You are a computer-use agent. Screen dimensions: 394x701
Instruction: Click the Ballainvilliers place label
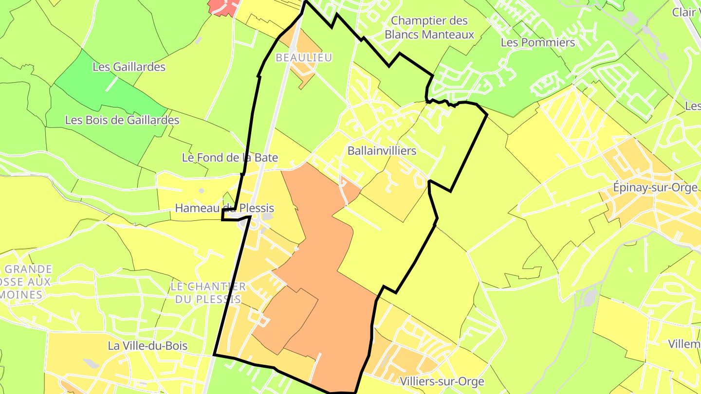tap(382, 151)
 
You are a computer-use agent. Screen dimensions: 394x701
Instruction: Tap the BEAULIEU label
tap(304, 57)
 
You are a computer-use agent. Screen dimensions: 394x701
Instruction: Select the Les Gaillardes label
tap(129, 67)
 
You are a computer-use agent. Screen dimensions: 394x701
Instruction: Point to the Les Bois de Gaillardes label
tap(122, 120)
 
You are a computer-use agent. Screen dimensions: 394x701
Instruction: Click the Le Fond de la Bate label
tap(230, 158)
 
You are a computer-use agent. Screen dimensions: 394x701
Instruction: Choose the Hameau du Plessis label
tap(224, 208)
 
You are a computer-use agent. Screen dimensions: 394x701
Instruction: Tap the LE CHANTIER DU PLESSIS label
tap(208, 293)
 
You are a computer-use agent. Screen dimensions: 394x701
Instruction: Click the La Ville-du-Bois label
tap(148, 346)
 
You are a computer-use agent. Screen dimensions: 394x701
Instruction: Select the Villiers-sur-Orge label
tap(442, 381)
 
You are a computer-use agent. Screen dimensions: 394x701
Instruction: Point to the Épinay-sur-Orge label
tap(655, 188)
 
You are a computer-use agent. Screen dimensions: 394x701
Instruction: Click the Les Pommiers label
tap(538, 43)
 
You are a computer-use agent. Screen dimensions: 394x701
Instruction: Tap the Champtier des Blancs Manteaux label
tap(429, 28)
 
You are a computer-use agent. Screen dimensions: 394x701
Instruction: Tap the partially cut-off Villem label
tap(684, 344)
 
